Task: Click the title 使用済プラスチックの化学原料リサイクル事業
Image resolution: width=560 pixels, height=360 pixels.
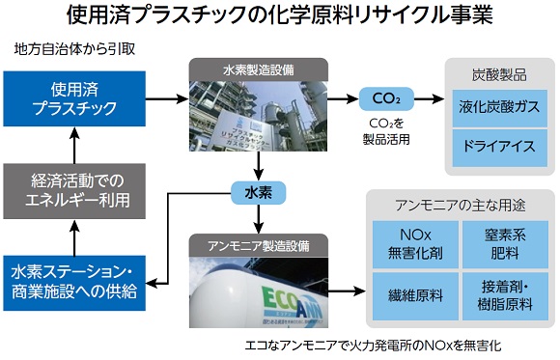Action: (279, 16)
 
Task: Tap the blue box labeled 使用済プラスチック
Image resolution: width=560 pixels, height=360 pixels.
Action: (74, 99)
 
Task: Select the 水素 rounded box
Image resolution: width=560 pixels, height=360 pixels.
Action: (259, 191)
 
